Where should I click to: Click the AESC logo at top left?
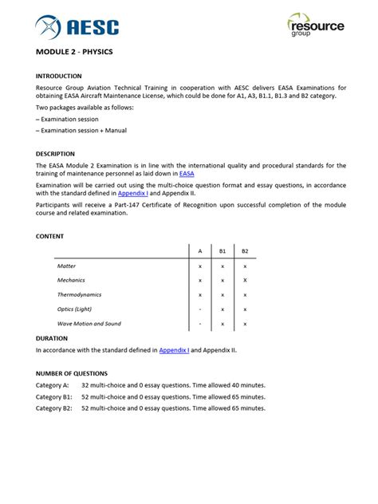pos(77,28)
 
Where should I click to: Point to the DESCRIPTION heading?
pos(56,154)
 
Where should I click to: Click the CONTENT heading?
pos(50,236)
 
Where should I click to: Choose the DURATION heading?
pos(52,338)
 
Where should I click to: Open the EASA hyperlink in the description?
pos(187,173)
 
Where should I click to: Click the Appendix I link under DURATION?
pos(175,349)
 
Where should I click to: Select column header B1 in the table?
pos(222,250)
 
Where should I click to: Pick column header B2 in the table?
pos(245,250)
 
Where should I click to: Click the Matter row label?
pos(67,266)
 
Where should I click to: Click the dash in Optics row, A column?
pos(199,309)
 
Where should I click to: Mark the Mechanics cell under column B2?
pos(245,280)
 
